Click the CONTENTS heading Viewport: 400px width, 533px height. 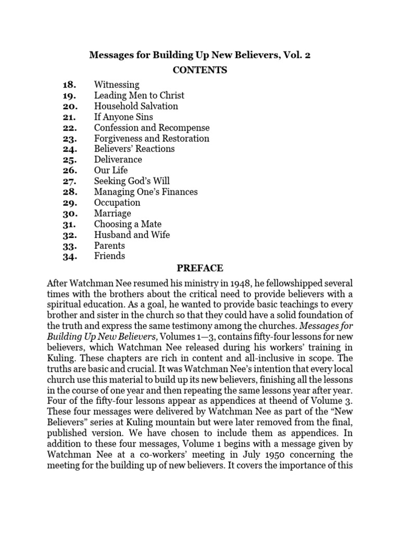coord(199,70)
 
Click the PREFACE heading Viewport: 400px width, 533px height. coord(200,269)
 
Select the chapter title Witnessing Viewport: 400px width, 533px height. coord(117,84)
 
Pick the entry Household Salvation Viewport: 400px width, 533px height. coord(136,106)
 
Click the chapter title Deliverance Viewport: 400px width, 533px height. coord(118,160)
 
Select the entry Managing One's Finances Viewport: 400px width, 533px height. coord(146,192)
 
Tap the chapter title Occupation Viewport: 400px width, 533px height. coord(117,202)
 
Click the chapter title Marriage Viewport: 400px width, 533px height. coord(113,213)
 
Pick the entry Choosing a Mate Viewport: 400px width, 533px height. coord(128,224)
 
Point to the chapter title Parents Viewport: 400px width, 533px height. coord(109,246)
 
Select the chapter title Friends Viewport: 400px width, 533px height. coord(109,256)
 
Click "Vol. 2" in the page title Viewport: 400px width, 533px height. coord(296,55)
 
